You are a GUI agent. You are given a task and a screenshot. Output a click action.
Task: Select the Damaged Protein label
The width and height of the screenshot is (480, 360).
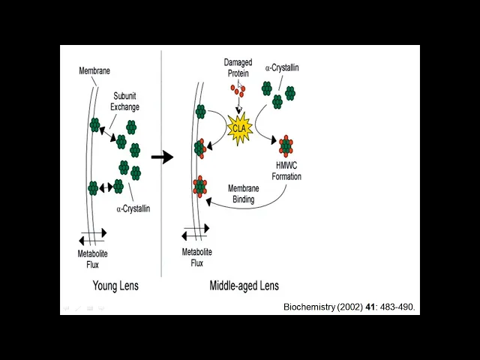[238, 67]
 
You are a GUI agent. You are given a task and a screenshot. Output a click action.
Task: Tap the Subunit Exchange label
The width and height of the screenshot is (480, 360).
[125, 101]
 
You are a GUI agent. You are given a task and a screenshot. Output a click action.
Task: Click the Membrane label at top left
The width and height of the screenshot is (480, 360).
[94, 70]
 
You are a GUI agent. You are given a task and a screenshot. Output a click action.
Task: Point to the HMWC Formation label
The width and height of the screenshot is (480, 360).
[287, 172]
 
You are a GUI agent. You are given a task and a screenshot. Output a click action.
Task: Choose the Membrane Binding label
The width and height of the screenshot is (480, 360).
[244, 193]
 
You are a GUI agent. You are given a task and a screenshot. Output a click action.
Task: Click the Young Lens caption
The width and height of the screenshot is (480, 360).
[115, 286]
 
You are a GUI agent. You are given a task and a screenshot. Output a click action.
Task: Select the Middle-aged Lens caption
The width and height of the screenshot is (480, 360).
[244, 286]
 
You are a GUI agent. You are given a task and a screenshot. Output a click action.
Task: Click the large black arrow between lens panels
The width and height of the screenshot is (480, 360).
[162, 157]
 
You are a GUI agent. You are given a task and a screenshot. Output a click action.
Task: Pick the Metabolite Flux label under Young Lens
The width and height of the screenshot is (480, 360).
[93, 259]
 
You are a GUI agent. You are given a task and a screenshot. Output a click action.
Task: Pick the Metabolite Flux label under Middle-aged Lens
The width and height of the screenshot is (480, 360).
[197, 257]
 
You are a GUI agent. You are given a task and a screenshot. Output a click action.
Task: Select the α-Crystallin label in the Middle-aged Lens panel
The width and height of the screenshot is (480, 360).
[281, 67]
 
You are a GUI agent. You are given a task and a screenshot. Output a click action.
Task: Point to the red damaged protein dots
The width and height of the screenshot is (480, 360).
[238, 91]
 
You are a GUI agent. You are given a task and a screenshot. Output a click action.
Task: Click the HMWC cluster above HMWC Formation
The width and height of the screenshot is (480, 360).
[286, 145]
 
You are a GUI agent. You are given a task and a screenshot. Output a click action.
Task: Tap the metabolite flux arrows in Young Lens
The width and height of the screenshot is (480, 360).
[91, 236]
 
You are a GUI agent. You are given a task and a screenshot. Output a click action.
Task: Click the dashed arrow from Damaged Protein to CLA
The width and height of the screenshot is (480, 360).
[239, 106]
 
